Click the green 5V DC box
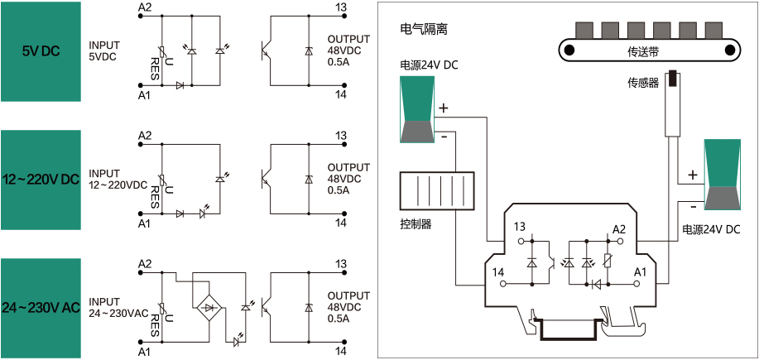tap(41, 50)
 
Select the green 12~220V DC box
tap(41, 180)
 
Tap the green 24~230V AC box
tap(41, 307)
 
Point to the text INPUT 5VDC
tap(104, 50)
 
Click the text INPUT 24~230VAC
tap(118, 307)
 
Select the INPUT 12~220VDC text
tap(118, 179)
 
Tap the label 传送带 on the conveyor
tap(647, 50)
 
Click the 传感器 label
tap(643, 83)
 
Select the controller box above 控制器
tap(436, 191)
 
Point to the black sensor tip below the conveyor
tap(673, 79)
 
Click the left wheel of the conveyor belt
tap(569, 50)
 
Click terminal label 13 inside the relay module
tap(520, 227)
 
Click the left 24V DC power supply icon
tap(416, 109)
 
